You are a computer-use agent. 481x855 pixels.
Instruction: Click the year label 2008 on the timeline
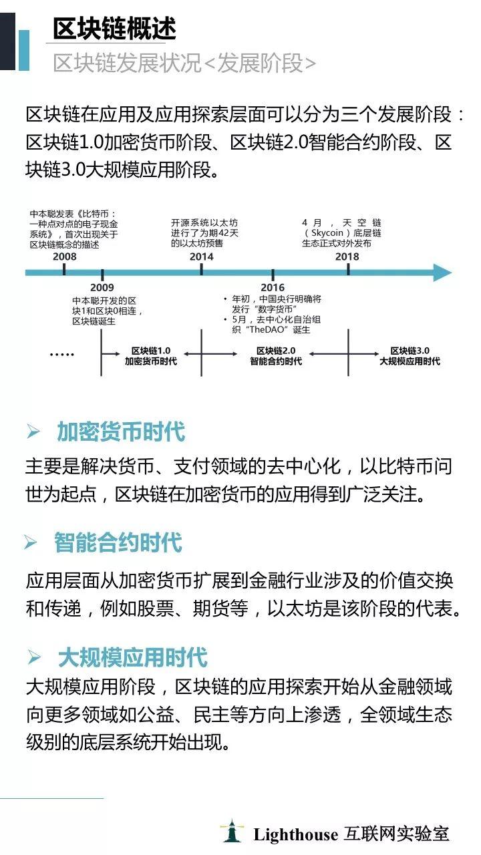tap(65, 256)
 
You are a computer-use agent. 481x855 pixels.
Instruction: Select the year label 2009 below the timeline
tap(102, 287)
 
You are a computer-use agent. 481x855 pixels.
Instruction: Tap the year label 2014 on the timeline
tap(202, 256)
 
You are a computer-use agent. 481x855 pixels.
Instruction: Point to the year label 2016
tap(273, 287)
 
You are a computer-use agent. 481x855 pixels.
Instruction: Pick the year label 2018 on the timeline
tap(347, 256)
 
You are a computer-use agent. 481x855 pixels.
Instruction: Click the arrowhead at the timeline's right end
tap(443, 273)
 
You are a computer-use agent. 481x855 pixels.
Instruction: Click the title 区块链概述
tap(114, 29)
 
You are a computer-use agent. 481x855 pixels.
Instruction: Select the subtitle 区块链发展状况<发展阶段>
tap(184, 63)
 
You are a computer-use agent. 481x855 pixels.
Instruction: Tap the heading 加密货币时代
tap(121, 432)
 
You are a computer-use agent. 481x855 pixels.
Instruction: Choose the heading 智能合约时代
tap(118, 542)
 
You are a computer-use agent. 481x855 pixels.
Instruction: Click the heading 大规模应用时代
tap(133, 657)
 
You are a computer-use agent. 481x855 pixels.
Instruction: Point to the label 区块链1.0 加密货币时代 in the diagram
tap(151, 356)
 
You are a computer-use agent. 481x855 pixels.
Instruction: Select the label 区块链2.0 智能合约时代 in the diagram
tap(276, 356)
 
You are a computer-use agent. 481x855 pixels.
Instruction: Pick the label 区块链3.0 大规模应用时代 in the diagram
tap(410, 356)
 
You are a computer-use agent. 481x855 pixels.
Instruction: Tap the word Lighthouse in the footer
tap(295, 835)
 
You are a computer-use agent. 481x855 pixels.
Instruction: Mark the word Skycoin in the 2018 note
tap(327, 232)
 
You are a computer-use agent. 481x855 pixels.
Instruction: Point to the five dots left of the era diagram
tap(62, 355)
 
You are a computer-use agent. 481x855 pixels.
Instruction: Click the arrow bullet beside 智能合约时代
tap(31, 542)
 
